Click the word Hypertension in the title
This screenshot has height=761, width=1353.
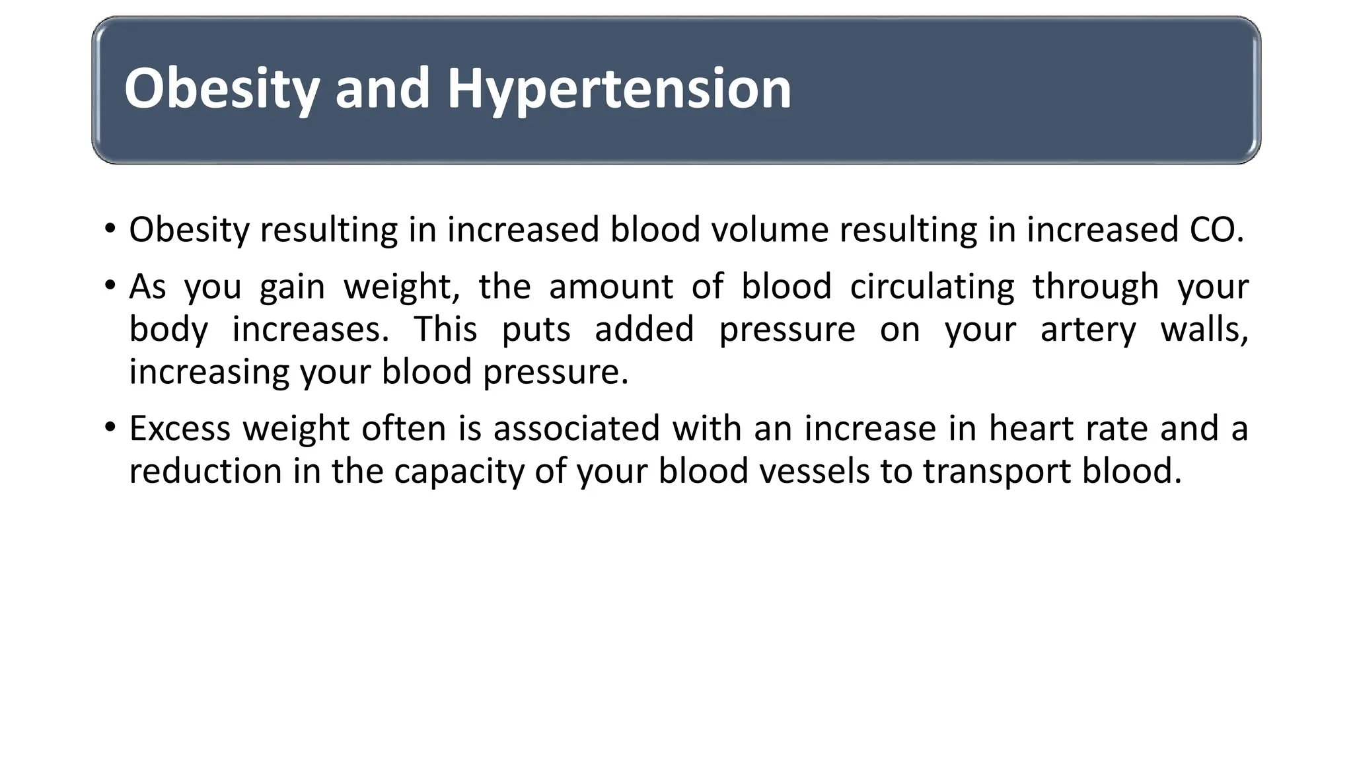tap(619, 89)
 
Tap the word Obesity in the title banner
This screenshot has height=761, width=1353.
tap(222, 89)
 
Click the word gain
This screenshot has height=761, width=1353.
tap(292, 288)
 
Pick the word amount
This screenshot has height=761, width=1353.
tap(611, 287)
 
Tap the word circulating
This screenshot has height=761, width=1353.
tap(932, 288)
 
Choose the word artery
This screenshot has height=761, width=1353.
tap(1088, 330)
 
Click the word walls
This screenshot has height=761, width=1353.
tap(1204, 329)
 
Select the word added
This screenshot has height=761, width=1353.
tap(644, 329)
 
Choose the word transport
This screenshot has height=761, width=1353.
tap(996, 472)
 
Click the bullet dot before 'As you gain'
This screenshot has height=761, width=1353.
tap(110, 286)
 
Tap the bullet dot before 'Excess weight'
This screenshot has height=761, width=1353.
tap(110, 427)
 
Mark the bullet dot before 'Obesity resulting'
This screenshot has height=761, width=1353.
tap(110, 229)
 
